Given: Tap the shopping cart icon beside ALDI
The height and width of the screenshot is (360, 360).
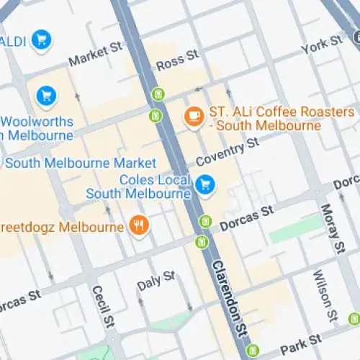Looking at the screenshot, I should click(41, 40).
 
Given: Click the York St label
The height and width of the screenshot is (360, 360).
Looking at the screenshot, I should click(315, 46).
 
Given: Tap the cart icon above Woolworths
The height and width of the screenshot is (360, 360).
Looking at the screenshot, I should click(46, 94).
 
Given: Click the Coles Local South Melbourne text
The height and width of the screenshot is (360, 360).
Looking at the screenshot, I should click(138, 186).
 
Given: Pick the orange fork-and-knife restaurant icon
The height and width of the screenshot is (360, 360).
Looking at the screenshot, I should click(139, 227).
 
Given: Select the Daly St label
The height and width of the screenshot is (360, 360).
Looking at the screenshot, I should click(156, 281).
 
